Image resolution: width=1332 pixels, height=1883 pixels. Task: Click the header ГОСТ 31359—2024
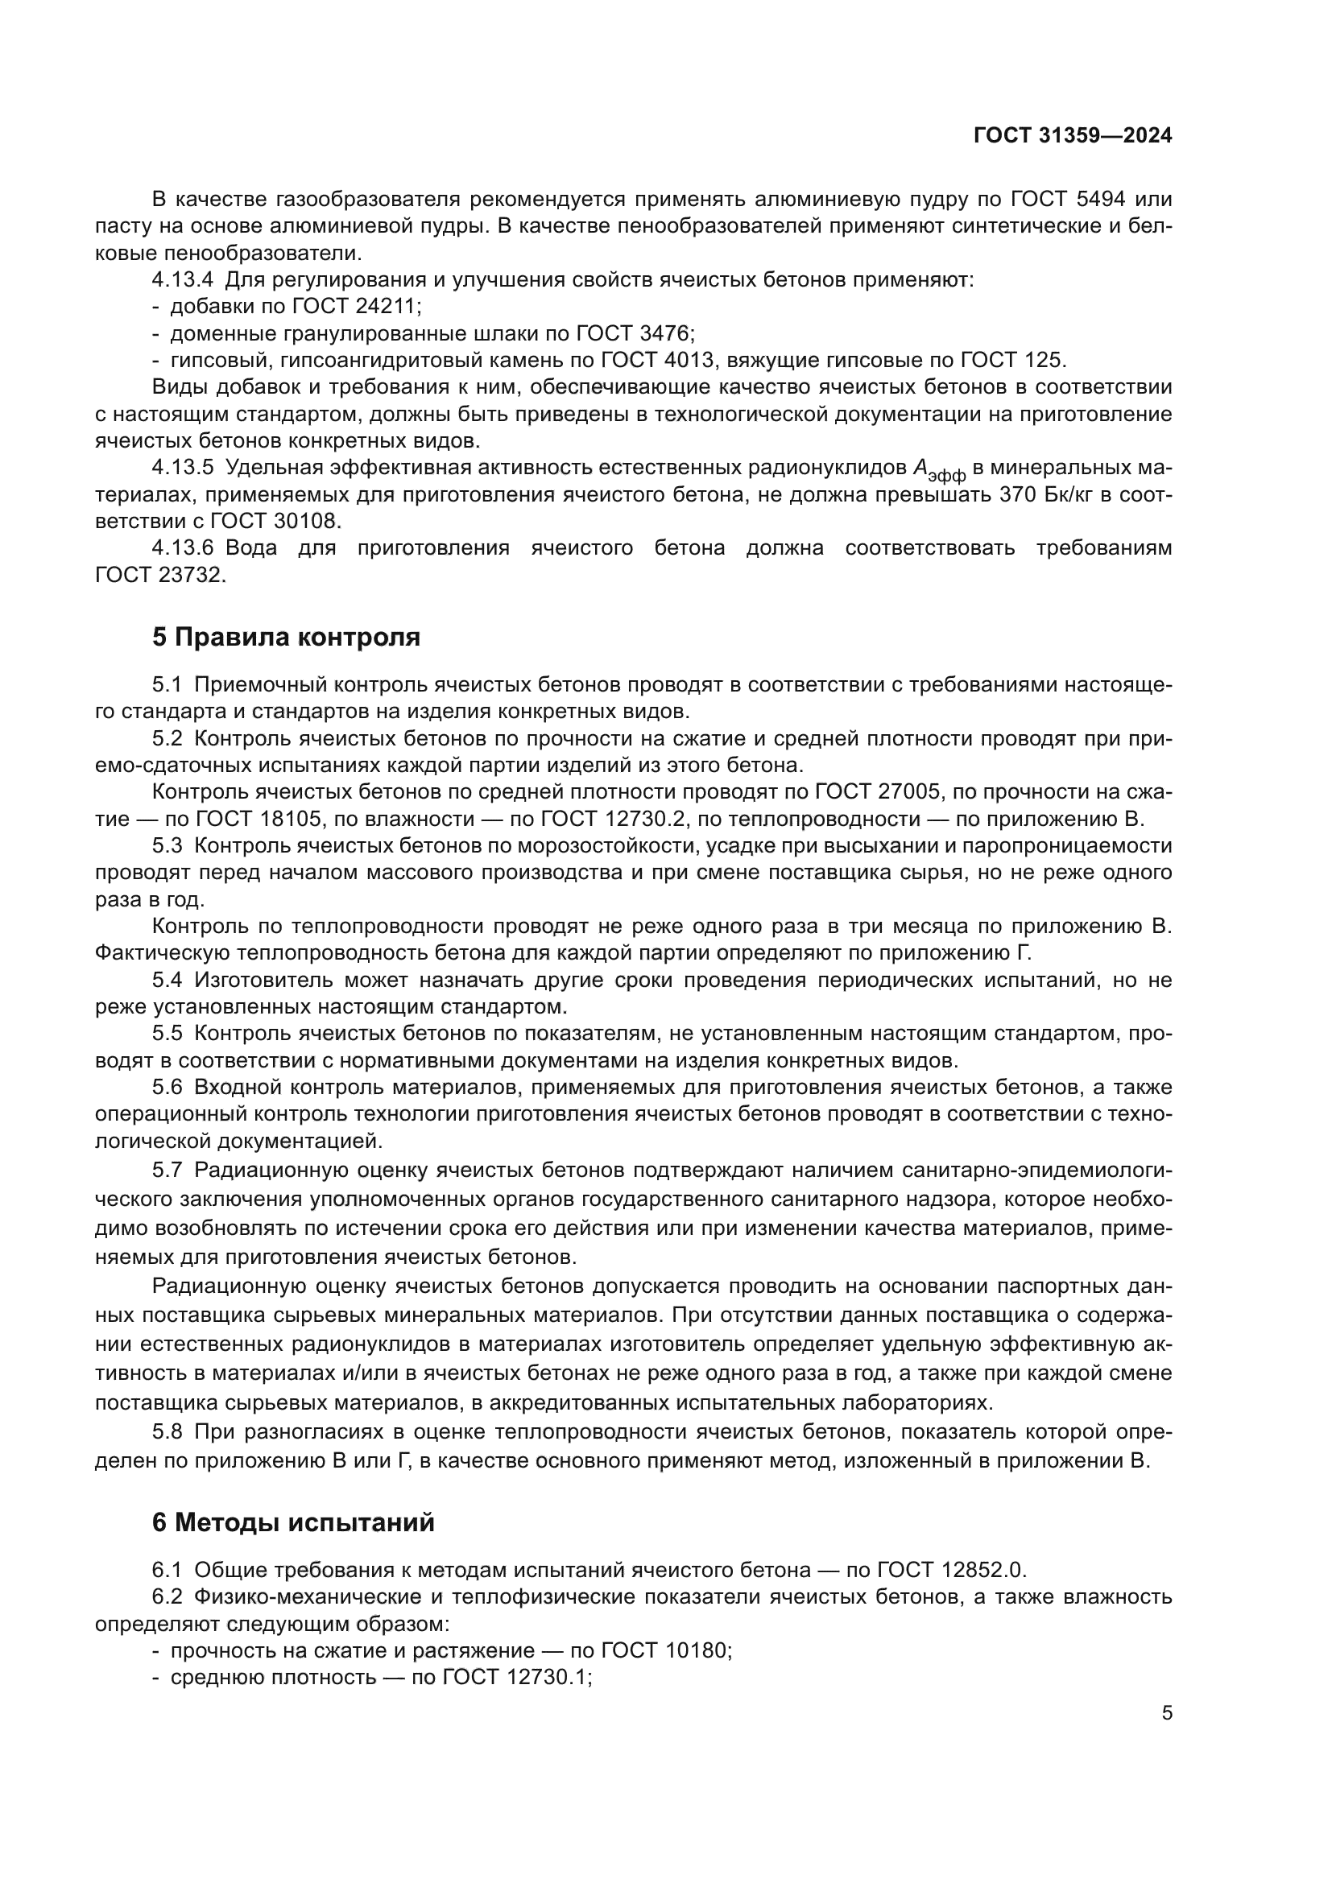(x=1072, y=136)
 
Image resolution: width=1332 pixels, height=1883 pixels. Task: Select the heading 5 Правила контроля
(x=285, y=637)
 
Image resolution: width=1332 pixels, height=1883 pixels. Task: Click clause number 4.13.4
(x=183, y=279)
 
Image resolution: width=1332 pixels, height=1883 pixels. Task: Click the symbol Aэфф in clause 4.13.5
(x=939, y=470)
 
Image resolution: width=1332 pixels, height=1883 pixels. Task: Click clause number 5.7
(x=168, y=1170)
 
